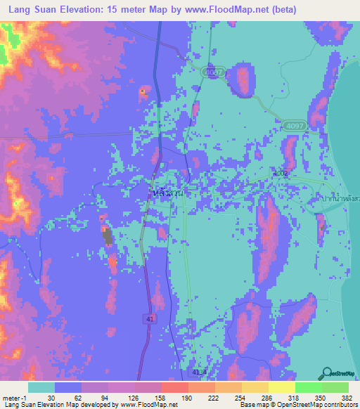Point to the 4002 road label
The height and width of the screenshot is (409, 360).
coord(281,173)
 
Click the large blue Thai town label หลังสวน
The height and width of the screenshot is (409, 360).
coord(167,191)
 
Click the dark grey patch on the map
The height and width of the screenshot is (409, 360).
coord(108,236)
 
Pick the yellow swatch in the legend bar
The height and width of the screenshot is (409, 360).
coord(281,387)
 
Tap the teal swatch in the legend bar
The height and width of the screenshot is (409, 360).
coord(41,387)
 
